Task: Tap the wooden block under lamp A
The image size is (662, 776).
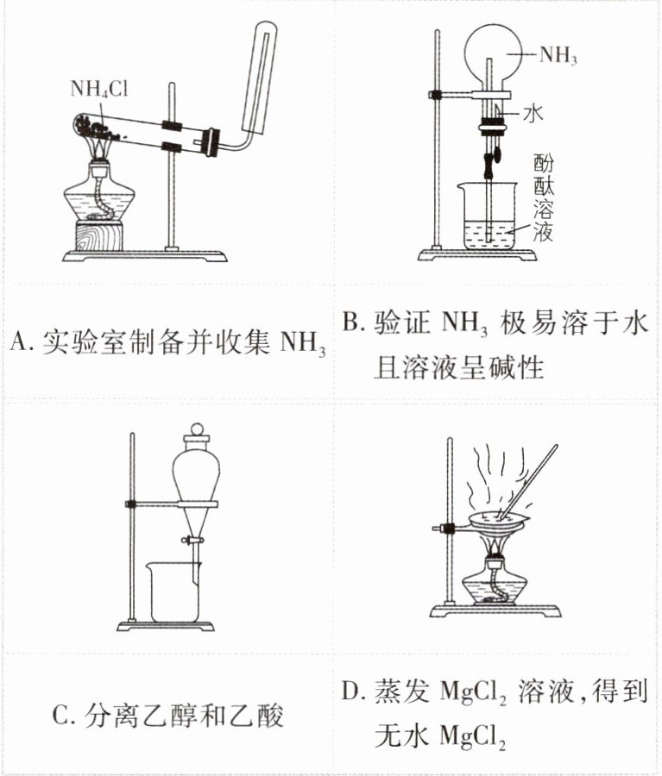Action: [x=98, y=235]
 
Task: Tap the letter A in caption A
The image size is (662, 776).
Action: [x=18, y=341]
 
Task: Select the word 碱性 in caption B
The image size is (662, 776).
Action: [x=518, y=368]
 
